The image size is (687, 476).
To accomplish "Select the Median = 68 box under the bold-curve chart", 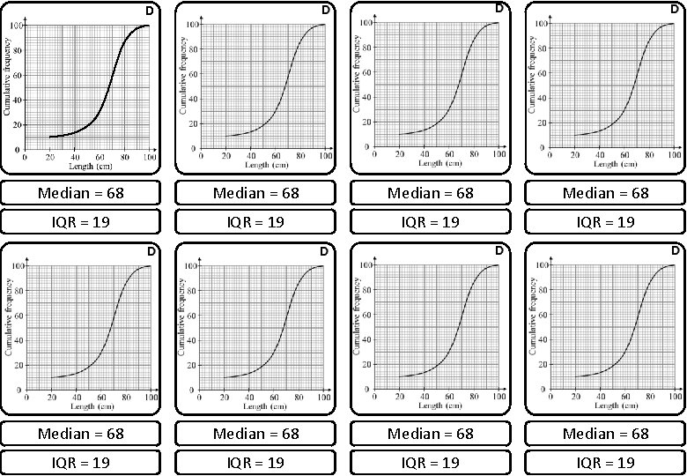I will pyautogui.click(x=81, y=193).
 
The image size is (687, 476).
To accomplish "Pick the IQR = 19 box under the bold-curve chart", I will pyautogui.click(x=81, y=221).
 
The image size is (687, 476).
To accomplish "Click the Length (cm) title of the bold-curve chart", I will pyautogui.click(x=88, y=166).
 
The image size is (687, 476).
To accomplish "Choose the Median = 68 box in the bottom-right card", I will pyautogui.click(x=605, y=433).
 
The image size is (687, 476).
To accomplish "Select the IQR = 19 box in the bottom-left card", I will pyautogui.click(x=81, y=462).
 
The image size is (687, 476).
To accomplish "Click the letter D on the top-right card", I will pyautogui.click(x=674, y=9).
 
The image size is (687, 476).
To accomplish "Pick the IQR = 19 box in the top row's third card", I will pyautogui.click(x=430, y=221).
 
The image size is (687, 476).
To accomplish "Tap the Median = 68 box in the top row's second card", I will pyautogui.click(x=256, y=193).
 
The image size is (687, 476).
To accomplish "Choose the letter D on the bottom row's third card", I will pyautogui.click(x=499, y=251).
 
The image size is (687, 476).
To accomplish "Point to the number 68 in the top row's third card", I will pyautogui.click(x=463, y=193).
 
